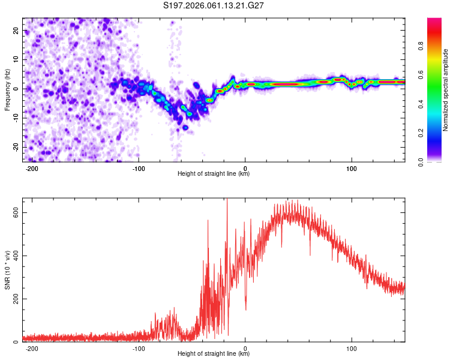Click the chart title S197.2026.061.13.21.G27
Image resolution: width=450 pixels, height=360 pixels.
pos(214,5)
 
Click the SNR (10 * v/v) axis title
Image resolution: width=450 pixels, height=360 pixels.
pos(7,270)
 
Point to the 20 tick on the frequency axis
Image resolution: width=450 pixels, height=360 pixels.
pos(17,30)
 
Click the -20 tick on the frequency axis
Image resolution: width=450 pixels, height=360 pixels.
pos(16,148)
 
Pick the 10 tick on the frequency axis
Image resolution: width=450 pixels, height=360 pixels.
pos(17,59)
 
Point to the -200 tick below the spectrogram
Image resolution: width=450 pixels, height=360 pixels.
pos(32,169)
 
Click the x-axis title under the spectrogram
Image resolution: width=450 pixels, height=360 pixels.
pos(214,174)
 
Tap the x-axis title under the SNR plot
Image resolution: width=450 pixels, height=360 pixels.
pos(214,354)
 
